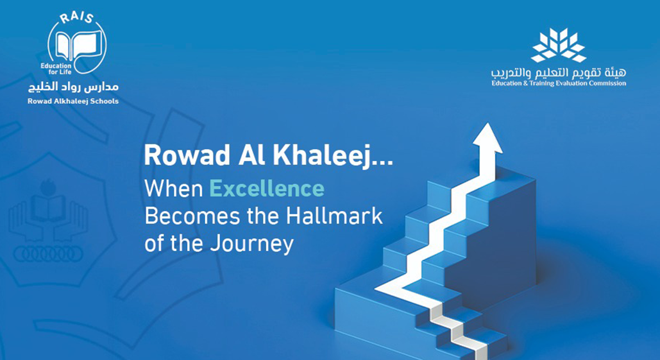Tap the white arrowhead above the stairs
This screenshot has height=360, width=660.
click(487, 139)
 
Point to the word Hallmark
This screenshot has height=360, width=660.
click(335, 216)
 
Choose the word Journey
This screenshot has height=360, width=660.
click(251, 244)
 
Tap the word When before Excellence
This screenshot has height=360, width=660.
click(174, 189)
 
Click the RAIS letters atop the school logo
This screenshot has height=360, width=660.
click(76, 18)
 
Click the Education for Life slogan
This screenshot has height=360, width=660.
click(56, 69)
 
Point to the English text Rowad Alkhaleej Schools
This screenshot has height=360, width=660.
click(73, 101)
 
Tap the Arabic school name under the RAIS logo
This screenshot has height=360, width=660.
click(73, 87)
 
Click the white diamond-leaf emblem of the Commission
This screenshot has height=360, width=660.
click(559, 45)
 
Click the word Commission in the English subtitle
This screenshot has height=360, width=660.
click(607, 83)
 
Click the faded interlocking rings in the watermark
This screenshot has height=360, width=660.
click(48, 253)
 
